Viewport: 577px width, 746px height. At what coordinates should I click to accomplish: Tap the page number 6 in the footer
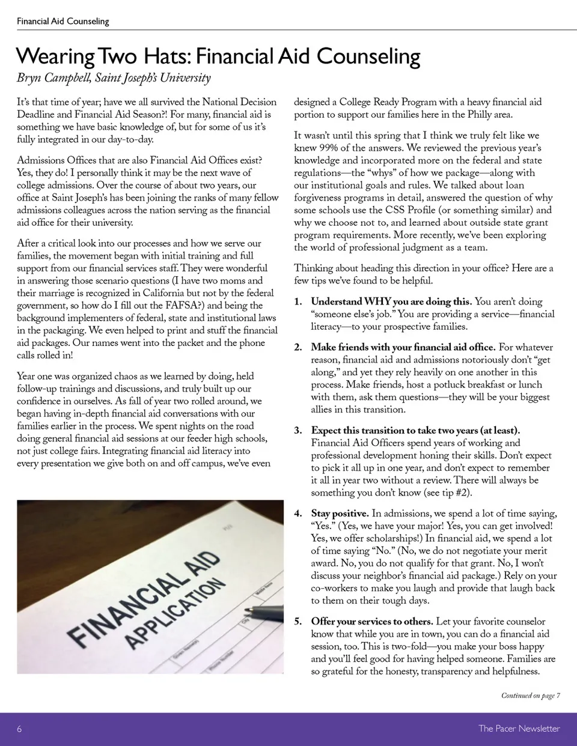point(19,729)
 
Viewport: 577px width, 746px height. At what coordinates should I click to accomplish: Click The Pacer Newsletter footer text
point(519,729)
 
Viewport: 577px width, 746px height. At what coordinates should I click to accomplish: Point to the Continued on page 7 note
point(530,696)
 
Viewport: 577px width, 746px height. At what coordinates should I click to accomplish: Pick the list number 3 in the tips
point(298,431)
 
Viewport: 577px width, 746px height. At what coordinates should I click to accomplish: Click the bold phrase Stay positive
point(340,514)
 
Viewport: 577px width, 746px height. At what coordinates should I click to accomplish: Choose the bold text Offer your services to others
point(371,621)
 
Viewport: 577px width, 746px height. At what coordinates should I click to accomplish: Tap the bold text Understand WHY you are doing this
point(391,302)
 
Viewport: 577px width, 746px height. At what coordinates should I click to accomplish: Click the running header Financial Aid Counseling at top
point(63,21)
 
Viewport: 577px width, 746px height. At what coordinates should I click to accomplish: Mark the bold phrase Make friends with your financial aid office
point(403,347)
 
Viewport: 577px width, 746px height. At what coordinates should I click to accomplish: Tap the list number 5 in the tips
point(298,621)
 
